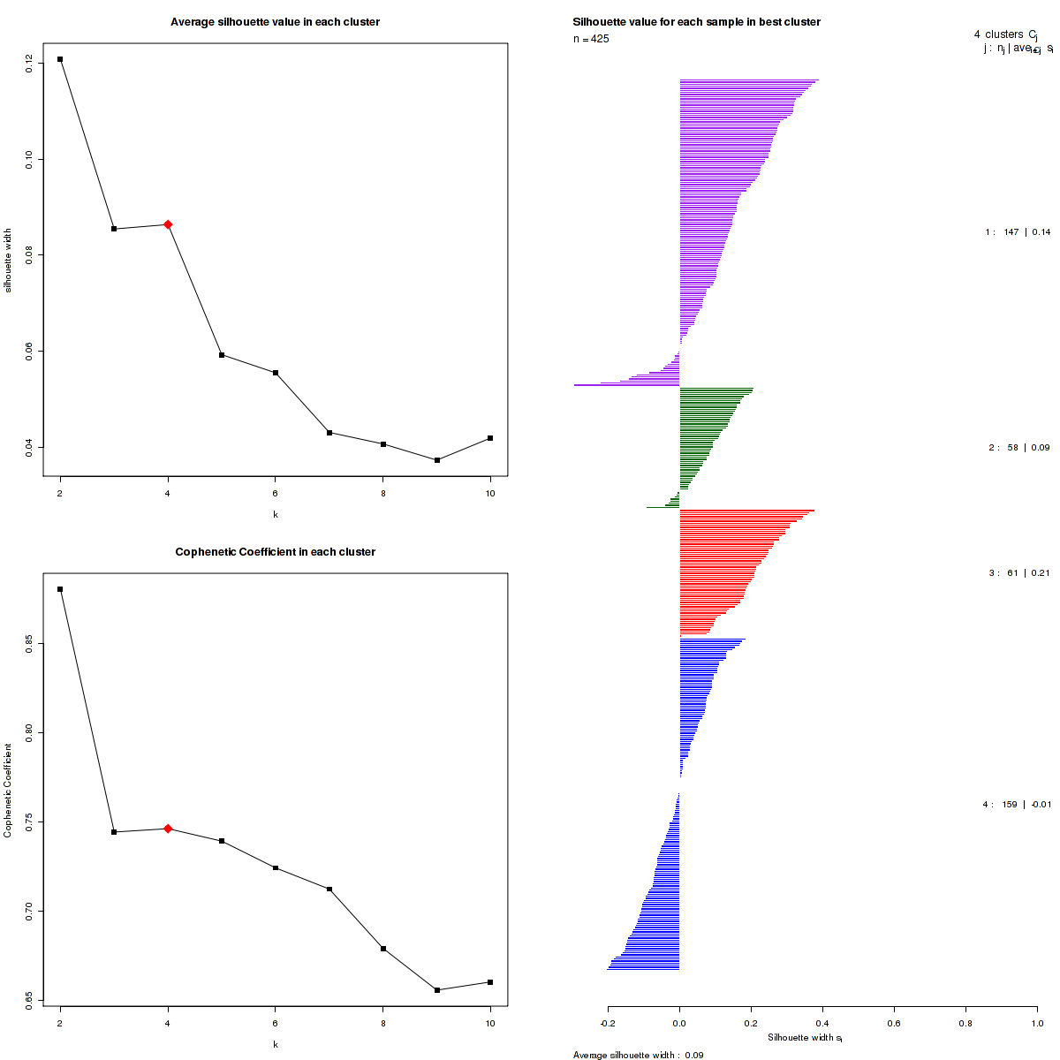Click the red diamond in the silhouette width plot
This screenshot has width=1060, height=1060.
pyautogui.click(x=168, y=224)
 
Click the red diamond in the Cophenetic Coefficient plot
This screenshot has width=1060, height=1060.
pyautogui.click(x=168, y=829)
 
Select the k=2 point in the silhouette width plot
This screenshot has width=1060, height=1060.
pyautogui.click(x=60, y=59)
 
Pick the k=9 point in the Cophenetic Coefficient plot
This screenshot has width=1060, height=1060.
pyautogui.click(x=437, y=990)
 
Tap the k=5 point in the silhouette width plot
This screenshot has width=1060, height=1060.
pyautogui.click(x=222, y=355)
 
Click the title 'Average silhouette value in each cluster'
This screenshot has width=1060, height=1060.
pyautogui.click(x=275, y=22)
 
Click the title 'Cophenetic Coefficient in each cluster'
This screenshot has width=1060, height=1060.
pyautogui.click(x=275, y=552)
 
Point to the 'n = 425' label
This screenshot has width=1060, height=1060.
pyautogui.click(x=591, y=39)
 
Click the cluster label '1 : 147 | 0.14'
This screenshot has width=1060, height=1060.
pyautogui.click(x=1018, y=232)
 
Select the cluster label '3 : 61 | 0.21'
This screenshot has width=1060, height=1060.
pyautogui.click(x=1018, y=573)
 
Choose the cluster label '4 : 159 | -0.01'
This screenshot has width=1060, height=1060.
pyautogui.click(x=1017, y=805)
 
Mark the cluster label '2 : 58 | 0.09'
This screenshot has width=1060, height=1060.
pyautogui.click(x=1018, y=448)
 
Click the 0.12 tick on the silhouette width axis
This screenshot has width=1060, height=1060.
pyautogui.click(x=31, y=62)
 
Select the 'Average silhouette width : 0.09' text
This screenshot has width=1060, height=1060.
pyautogui.click(x=638, y=1055)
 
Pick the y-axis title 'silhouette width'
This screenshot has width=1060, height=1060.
pyautogui.click(x=9, y=261)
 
